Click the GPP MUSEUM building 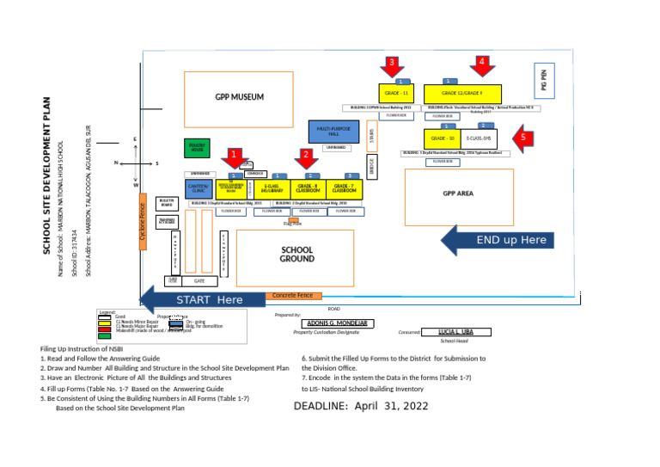(x=240, y=96)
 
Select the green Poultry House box (x=197, y=149)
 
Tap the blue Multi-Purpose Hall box (x=328, y=131)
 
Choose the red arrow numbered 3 (x=390, y=67)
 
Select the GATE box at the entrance (x=199, y=281)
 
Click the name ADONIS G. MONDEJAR (x=336, y=323)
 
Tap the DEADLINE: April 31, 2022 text (x=361, y=405)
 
